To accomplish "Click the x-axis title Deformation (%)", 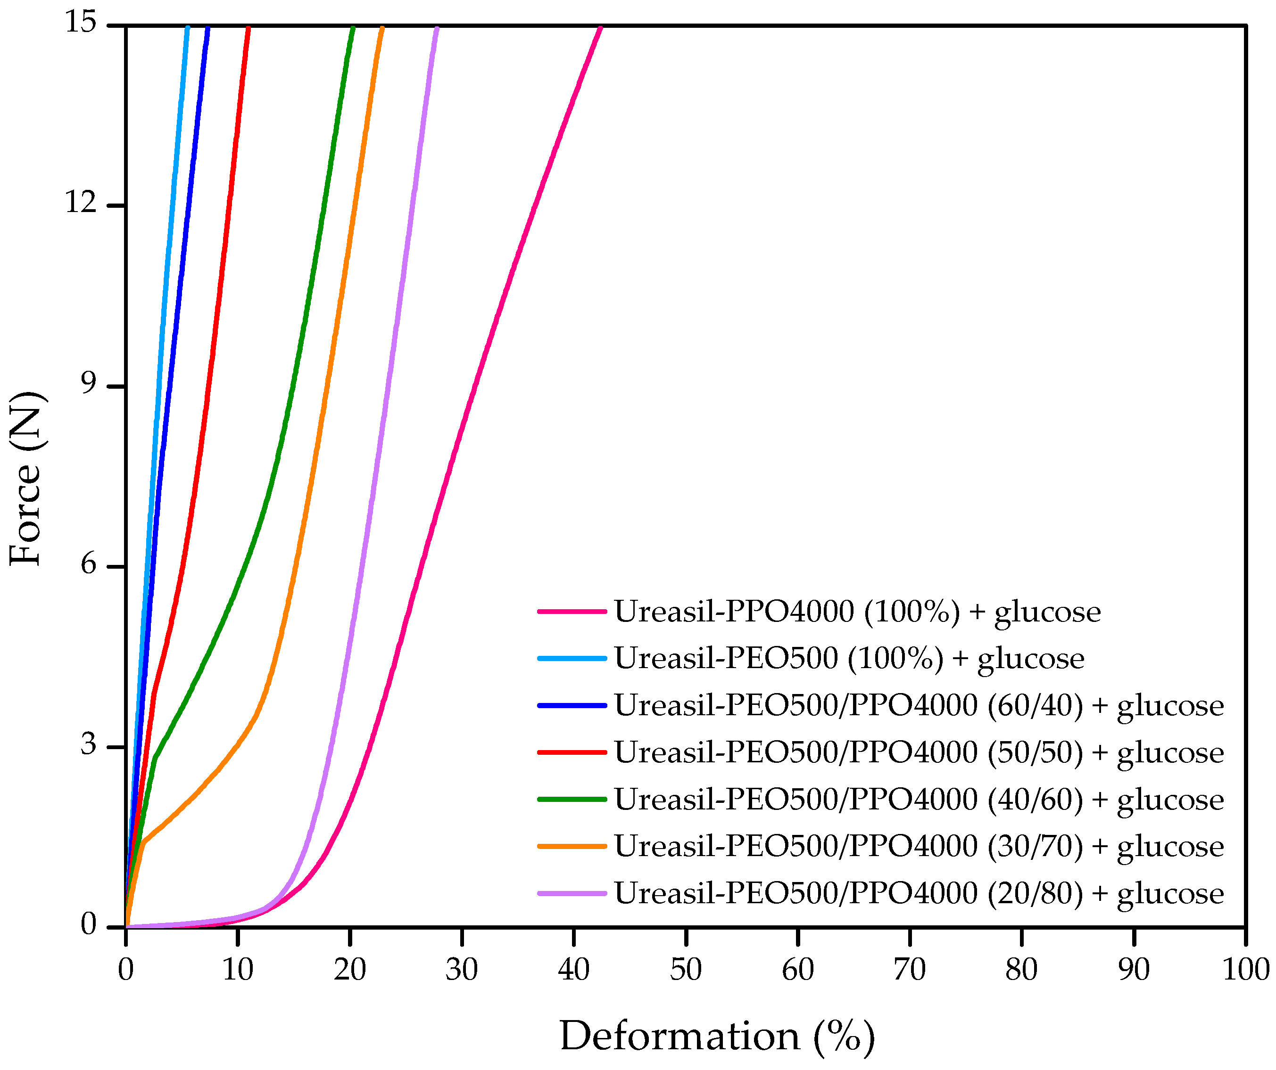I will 717,1036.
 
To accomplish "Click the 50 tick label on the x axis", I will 686,970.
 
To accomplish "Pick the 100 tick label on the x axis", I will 1246,970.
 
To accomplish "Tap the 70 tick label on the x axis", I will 910,970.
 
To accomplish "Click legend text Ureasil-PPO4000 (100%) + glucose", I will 857,612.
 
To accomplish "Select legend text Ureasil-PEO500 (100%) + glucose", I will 849,658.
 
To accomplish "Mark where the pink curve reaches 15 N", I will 600,27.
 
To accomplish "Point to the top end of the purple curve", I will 436,28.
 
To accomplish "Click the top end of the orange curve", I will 381,28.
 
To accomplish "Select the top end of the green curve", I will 352,28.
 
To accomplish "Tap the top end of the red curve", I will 248,28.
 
